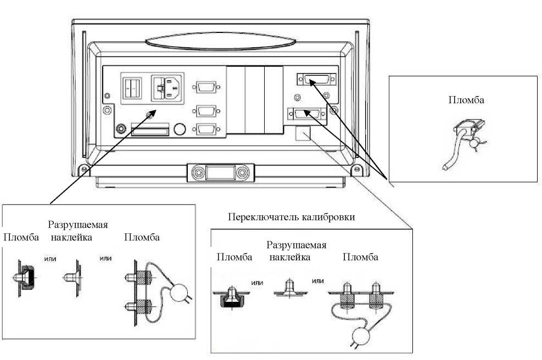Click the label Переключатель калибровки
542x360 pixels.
click(x=292, y=217)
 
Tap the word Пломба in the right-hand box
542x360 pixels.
click(x=466, y=100)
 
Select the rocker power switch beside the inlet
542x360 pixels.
click(x=132, y=88)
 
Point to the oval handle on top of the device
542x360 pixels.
click(x=220, y=42)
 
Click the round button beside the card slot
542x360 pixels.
click(x=180, y=129)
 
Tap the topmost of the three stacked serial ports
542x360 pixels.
click(x=206, y=87)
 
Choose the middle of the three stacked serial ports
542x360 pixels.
click(x=206, y=111)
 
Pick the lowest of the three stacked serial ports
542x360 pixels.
click(x=206, y=129)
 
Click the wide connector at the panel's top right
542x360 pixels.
click(x=317, y=80)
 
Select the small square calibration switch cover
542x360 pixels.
click(x=303, y=133)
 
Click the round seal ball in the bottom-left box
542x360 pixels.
click(x=178, y=292)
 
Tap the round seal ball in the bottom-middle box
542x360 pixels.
click(x=361, y=335)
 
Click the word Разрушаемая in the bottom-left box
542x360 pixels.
click(x=78, y=225)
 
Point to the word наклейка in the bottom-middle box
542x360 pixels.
click(x=289, y=257)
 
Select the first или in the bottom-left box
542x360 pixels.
click(x=50, y=259)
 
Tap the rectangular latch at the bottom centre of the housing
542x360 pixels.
click(x=221, y=172)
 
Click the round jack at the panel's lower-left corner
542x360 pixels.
click(x=121, y=128)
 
